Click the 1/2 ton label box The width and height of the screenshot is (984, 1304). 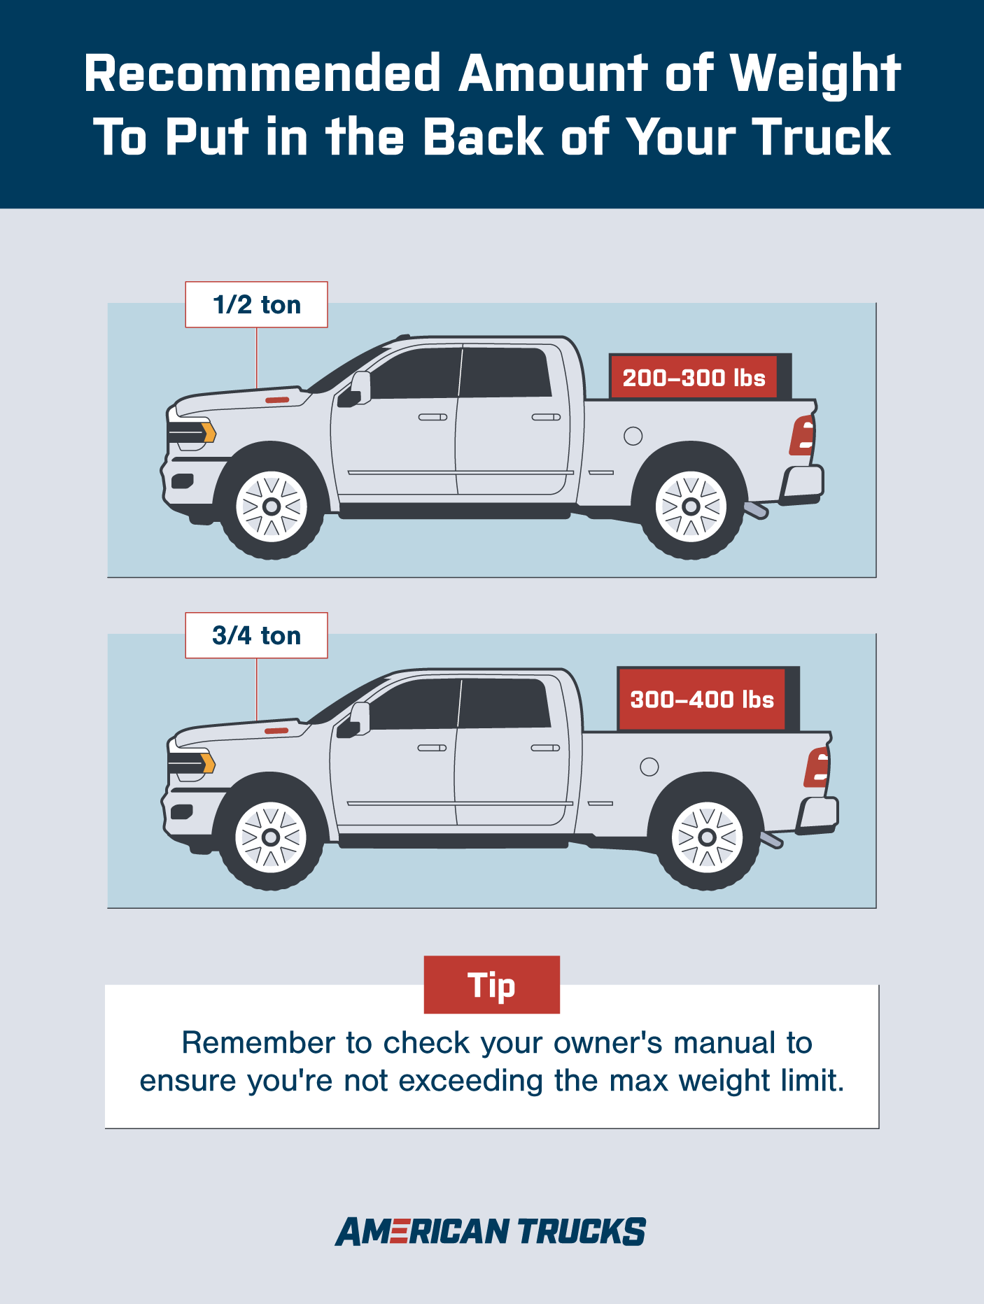(x=256, y=304)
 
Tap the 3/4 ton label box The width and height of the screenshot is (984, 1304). (x=256, y=635)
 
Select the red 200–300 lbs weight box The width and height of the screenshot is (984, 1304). (x=694, y=377)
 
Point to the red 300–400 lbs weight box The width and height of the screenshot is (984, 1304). (x=702, y=699)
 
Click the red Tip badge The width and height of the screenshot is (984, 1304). (x=492, y=984)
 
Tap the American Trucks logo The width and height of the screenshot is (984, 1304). (x=491, y=1232)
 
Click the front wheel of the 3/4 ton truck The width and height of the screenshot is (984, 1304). (x=271, y=837)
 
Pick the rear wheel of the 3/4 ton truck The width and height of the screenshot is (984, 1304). (x=707, y=837)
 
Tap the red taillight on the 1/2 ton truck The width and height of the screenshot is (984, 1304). (x=803, y=435)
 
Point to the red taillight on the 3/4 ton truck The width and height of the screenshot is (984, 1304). (x=817, y=767)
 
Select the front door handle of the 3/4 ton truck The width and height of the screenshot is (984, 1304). (x=432, y=748)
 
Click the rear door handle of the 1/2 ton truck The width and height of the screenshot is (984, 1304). (x=546, y=417)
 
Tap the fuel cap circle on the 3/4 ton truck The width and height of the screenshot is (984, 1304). (x=649, y=767)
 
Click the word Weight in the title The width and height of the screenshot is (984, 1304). (x=815, y=73)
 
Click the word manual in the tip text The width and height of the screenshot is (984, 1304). (x=724, y=1042)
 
